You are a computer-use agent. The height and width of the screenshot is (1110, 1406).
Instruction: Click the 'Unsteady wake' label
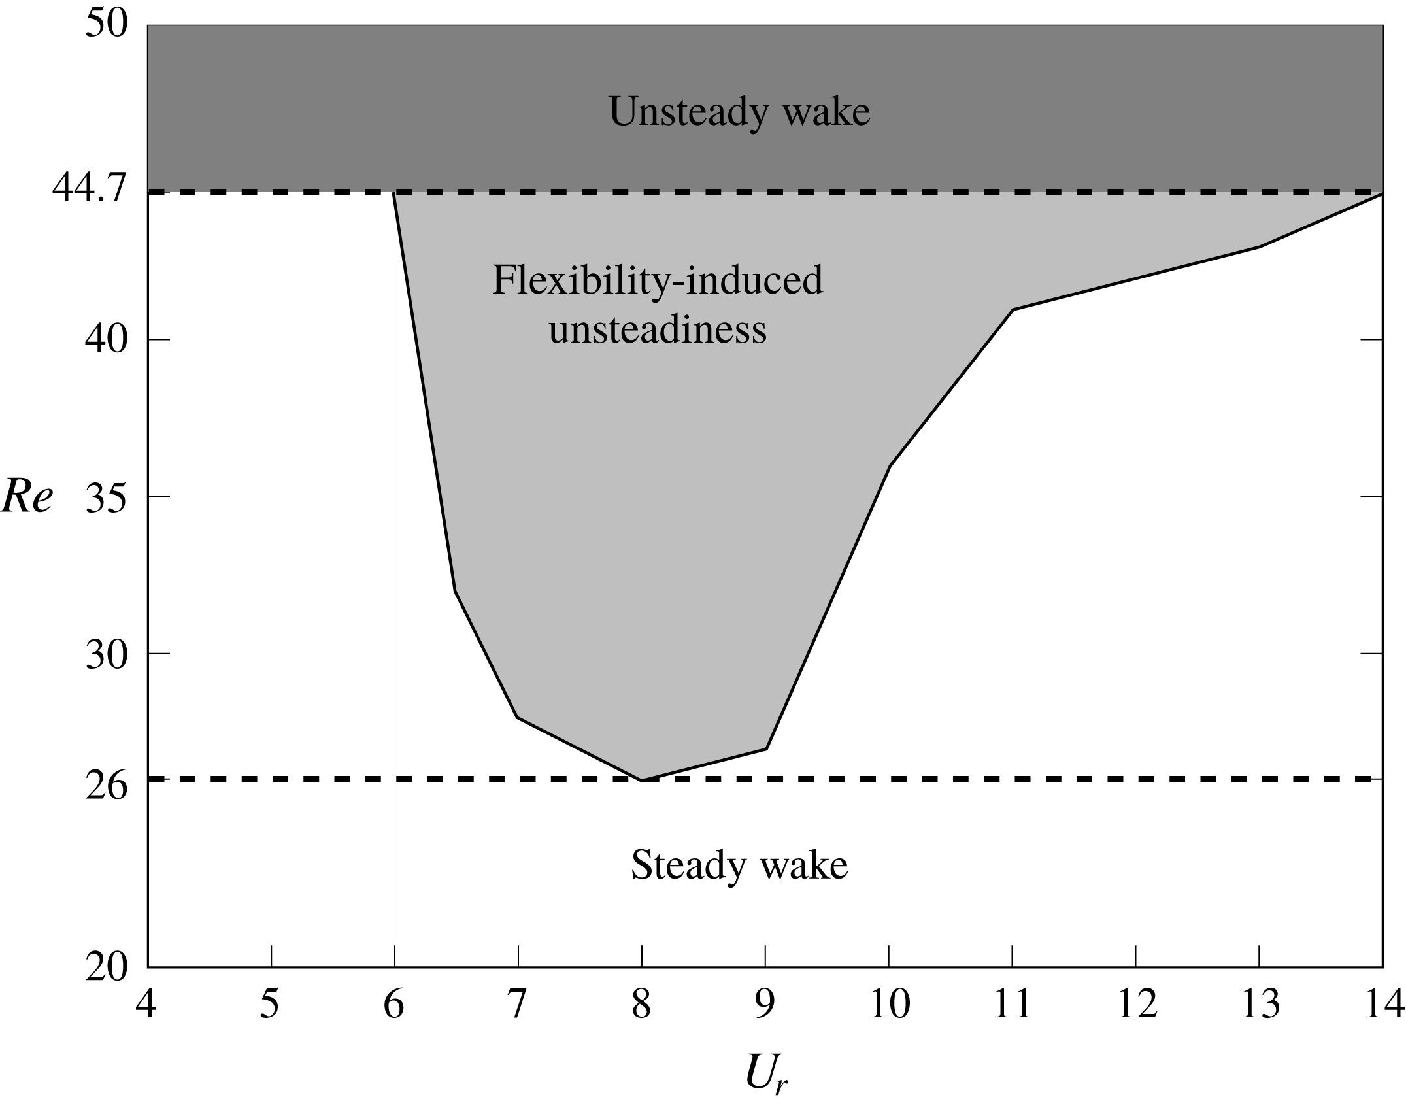coord(739,112)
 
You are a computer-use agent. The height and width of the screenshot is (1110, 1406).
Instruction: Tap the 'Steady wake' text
coord(739,866)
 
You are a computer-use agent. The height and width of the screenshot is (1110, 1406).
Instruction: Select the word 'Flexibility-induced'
coord(657,281)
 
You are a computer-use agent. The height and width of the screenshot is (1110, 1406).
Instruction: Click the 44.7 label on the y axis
coord(90,190)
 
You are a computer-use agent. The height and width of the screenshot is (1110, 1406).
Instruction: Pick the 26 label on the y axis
coord(106,788)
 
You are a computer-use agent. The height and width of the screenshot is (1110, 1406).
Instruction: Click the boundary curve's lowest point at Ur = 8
coord(642,780)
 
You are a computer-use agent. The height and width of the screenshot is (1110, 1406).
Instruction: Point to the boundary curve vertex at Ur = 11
coord(1013,309)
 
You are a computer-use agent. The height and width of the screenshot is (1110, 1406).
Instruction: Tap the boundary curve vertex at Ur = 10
coord(889,466)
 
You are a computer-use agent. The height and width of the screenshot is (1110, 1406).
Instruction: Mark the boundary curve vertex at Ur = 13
coord(1259,246)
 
